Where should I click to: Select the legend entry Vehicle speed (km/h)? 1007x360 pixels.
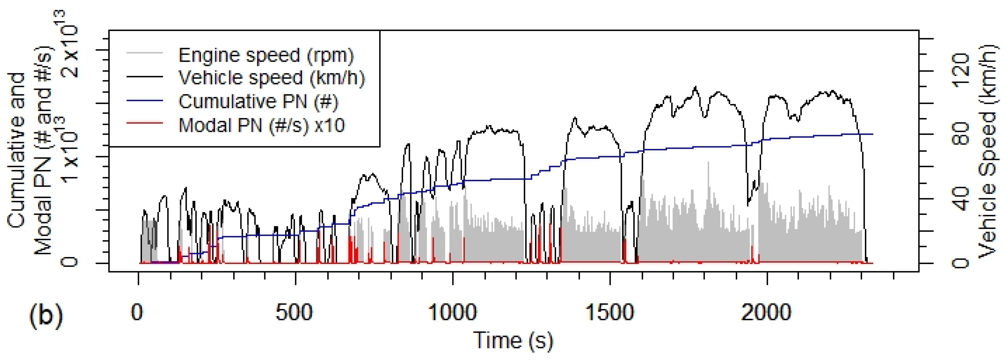[x=271, y=78]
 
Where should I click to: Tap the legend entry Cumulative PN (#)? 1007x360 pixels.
[x=258, y=102]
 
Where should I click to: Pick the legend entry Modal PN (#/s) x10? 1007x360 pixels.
[x=261, y=125]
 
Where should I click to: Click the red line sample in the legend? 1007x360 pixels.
[x=145, y=124]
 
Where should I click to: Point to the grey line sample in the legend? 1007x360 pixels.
[x=145, y=53]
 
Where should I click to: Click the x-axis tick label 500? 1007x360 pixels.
[x=294, y=313]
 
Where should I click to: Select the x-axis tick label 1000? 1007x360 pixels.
[x=452, y=313]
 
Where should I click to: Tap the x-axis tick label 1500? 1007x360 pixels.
[x=609, y=313]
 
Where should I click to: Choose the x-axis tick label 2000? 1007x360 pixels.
[x=767, y=313]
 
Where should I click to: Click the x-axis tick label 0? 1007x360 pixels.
[x=137, y=313]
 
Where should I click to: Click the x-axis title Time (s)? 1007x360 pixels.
[x=513, y=340]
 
